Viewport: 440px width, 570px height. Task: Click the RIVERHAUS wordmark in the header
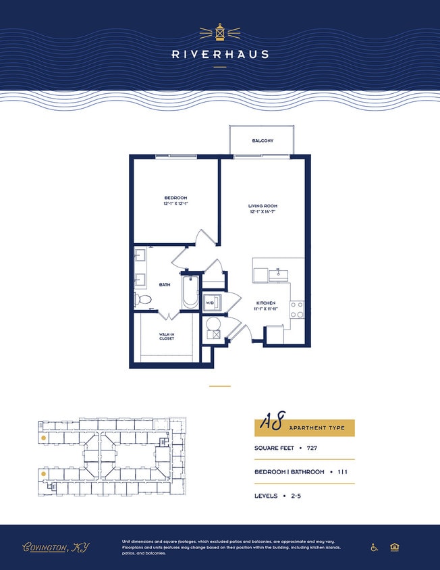220,54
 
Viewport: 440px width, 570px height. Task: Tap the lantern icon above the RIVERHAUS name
220,32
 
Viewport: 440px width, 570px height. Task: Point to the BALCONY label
263,140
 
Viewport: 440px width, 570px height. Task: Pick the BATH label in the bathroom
165,285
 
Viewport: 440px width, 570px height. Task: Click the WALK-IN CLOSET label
167,336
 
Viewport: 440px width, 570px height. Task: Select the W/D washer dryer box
211,302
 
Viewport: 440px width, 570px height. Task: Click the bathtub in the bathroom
190,292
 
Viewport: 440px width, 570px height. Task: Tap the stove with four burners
297,309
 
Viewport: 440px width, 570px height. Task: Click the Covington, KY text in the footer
56,547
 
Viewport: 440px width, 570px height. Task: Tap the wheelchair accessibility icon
375,547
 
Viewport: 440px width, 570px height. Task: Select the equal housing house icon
394,547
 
